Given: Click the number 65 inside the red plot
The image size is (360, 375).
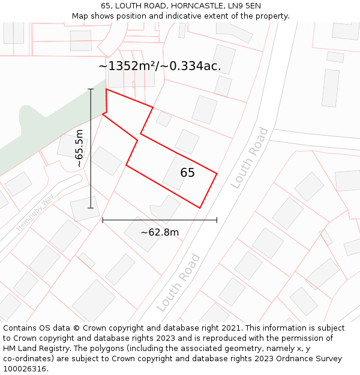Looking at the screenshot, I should click(187, 173).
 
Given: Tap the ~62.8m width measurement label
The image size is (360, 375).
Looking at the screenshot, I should click(160, 232).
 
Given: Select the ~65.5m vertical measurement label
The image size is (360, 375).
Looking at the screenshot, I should click(80, 148).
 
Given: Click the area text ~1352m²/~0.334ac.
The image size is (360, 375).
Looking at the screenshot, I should click(160, 66).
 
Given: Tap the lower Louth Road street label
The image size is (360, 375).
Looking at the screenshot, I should click(178, 282).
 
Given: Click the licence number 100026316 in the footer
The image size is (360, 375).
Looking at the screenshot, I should click(25, 368).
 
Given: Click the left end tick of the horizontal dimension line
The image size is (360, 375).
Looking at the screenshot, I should click(103, 220).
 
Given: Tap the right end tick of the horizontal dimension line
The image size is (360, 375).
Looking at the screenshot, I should click(217, 220).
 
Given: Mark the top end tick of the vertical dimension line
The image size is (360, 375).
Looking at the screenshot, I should click(91, 89).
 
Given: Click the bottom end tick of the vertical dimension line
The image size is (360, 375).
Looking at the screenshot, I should click(91, 208).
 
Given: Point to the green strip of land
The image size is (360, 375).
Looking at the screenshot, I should click(42, 129).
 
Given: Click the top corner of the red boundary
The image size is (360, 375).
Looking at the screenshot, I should click(106, 89).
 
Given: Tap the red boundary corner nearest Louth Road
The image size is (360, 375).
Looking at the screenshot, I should click(217, 174).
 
